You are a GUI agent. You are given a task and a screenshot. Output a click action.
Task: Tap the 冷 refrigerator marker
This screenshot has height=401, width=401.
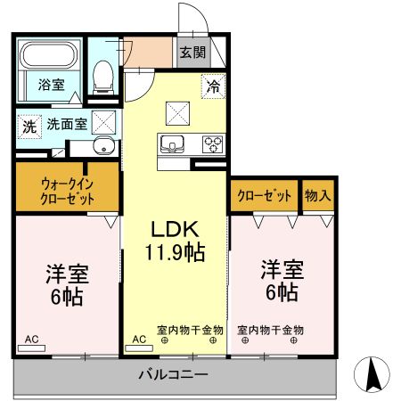pos(213,86)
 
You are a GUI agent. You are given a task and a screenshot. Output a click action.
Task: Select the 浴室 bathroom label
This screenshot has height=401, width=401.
pos(50,86)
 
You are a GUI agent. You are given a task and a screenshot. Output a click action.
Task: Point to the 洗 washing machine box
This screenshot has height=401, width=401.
pos(29,127)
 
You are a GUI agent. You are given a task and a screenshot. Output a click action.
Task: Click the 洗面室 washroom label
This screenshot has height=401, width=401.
pos(66,125)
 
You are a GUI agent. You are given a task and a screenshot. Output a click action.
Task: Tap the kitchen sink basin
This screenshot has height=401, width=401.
pos(171,143)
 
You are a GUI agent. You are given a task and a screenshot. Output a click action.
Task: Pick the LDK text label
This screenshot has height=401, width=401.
pos(176,227)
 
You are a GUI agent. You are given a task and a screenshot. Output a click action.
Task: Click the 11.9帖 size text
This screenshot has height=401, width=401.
pos(176,252)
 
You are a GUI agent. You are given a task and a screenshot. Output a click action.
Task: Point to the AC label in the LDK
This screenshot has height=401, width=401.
pos(140,340)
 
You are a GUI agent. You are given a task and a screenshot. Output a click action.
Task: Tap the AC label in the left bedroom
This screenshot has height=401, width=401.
pos(31,340)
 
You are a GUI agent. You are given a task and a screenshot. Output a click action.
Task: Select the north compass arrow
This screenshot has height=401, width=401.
pos(375,372)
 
